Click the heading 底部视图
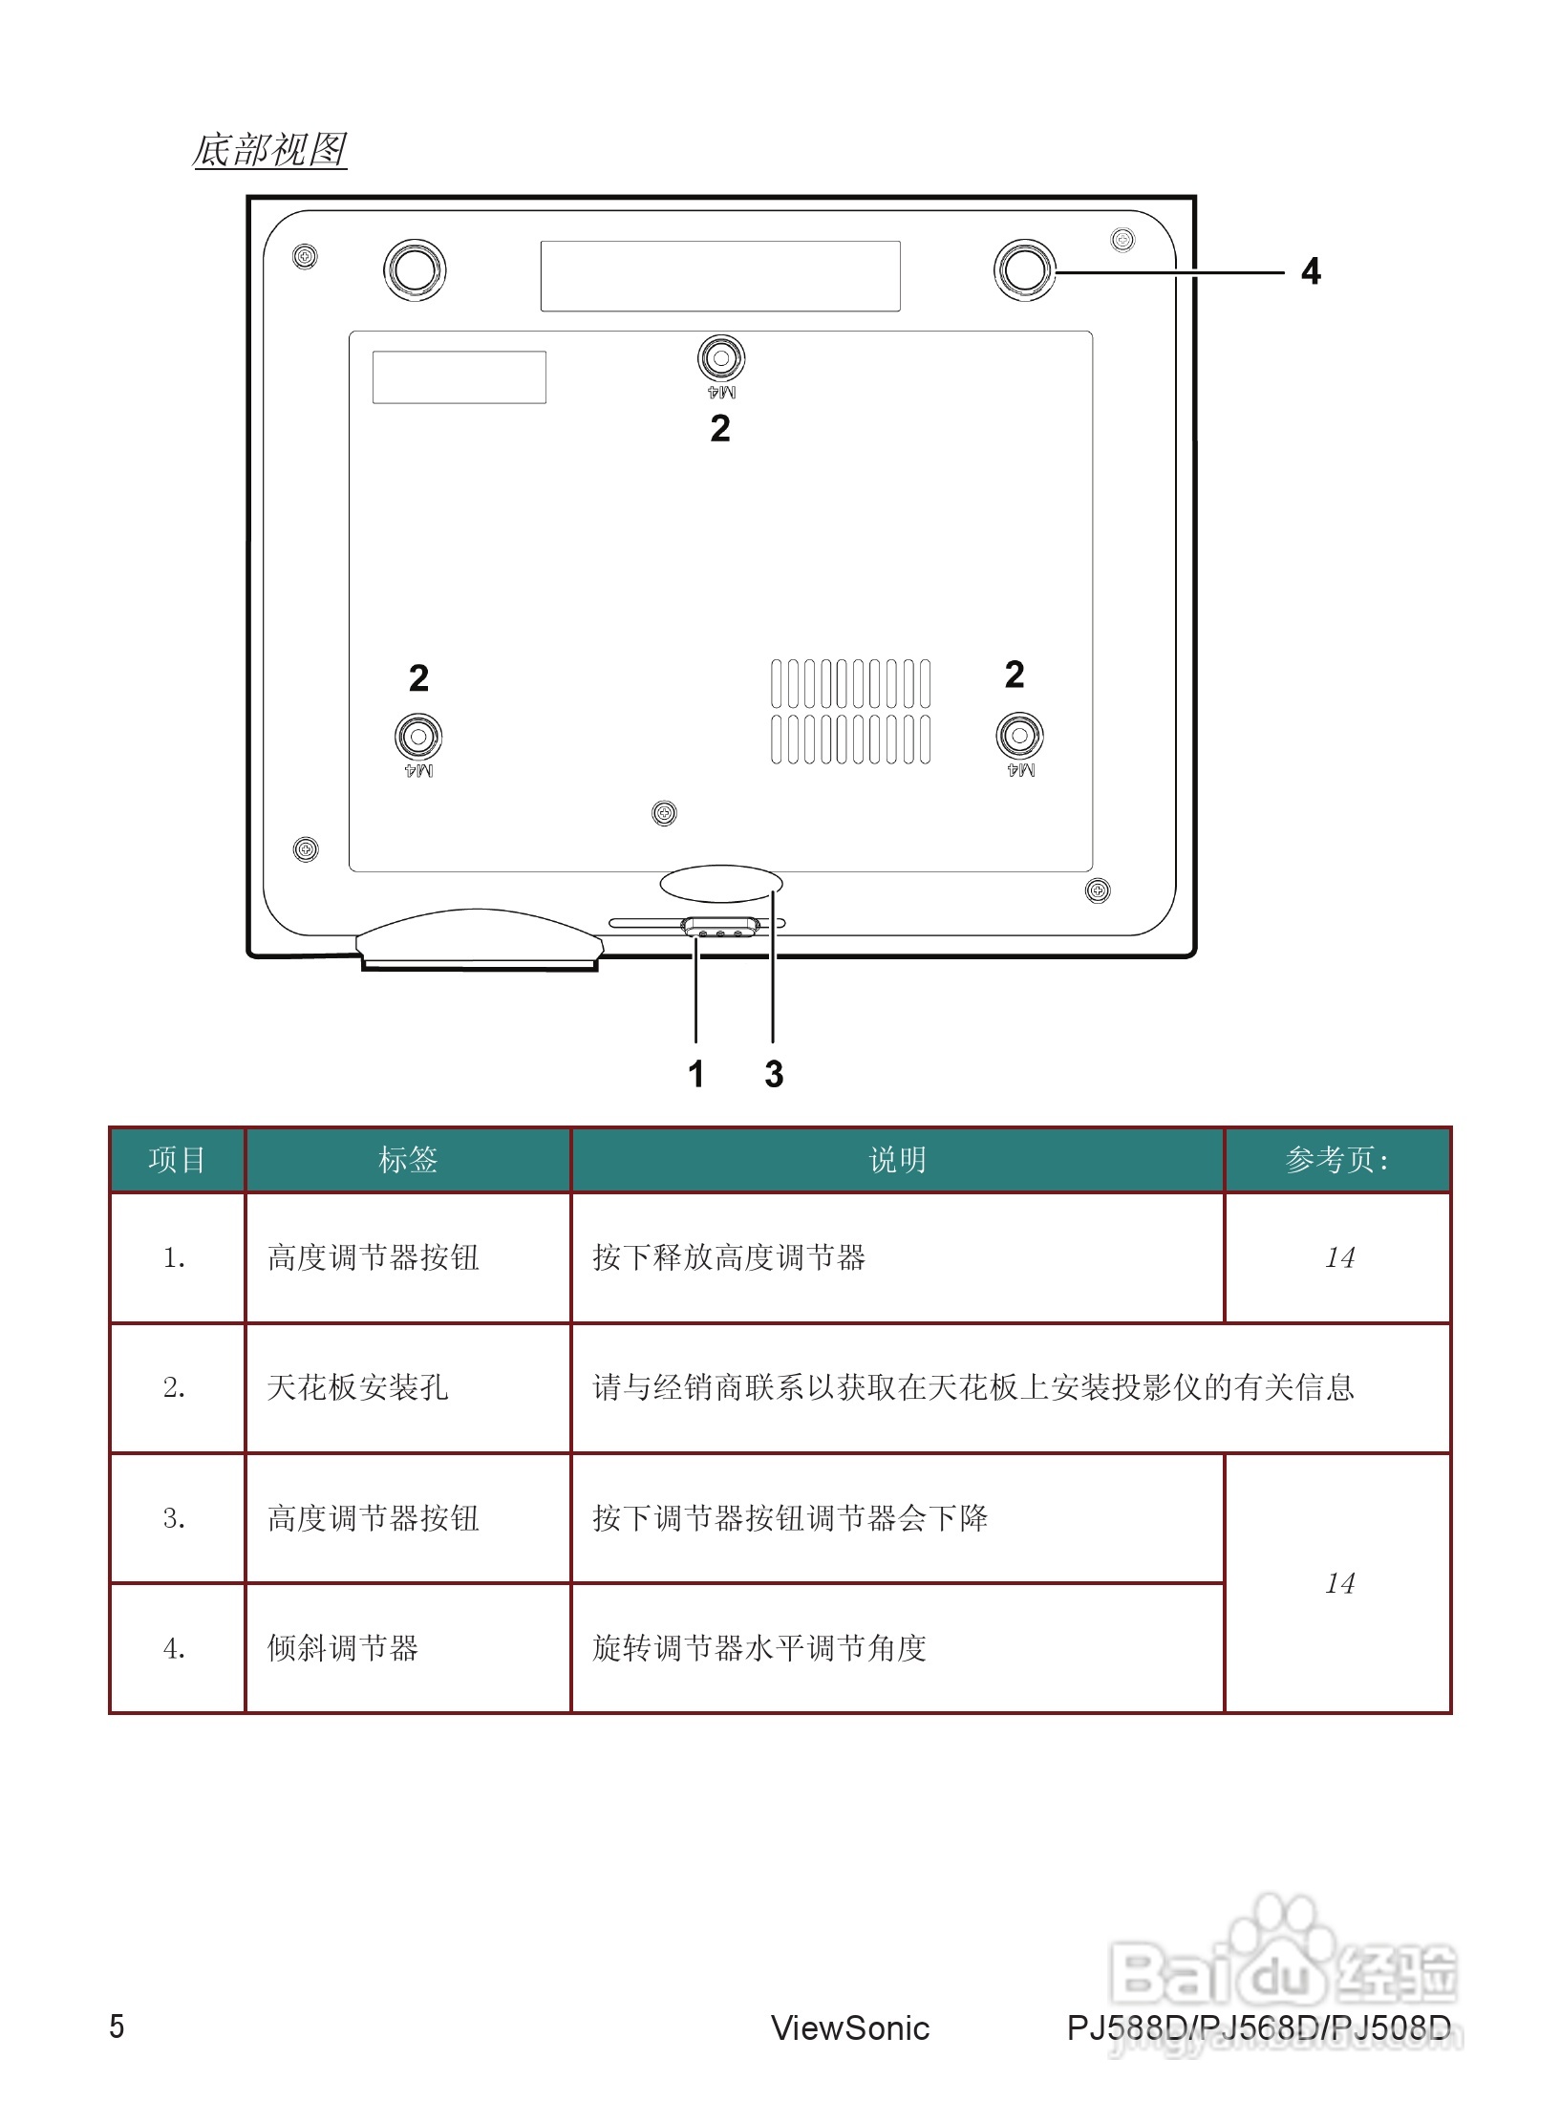point(269,150)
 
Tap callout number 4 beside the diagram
point(1311,272)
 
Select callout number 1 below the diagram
point(696,1074)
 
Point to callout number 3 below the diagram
point(774,1074)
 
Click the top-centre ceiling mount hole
point(721,359)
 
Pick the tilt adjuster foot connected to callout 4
point(1024,270)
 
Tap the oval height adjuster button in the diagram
point(720,884)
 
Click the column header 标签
point(408,1160)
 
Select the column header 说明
point(897,1160)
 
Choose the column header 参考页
point(1336,1160)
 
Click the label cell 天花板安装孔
point(358,1387)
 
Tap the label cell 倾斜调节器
point(343,1648)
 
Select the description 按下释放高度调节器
point(729,1257)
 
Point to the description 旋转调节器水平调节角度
point(759,1648)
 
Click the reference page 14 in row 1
point(1339,1257)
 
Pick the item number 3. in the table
point(174,1518)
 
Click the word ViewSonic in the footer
point(850,2028)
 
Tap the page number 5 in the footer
point(117,2026)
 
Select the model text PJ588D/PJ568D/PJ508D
point(1258,2028)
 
